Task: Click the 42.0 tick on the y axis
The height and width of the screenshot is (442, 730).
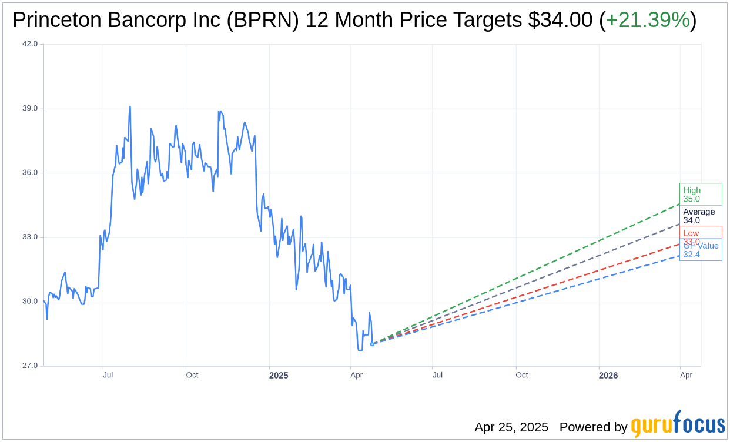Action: click(x=30, y=44)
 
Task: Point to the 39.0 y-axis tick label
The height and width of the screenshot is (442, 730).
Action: click(x=30, y=109)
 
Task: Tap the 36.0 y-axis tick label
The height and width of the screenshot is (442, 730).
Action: click(x=30, y=173)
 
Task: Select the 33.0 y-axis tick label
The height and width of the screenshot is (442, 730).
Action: click(x=30, y=237)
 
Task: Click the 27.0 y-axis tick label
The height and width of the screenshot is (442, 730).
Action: click(x=30, y=366)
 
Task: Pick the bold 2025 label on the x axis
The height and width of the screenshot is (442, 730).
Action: click(x=279, y=376)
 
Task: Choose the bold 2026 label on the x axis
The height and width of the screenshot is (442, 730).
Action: click(x=608, y=376)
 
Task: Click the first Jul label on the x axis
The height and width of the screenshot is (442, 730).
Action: click(x=108, y=375)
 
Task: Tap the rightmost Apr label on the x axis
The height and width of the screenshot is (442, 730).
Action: click(x=686, y=375)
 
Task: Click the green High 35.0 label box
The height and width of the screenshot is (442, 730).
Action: click(x=700, y=194)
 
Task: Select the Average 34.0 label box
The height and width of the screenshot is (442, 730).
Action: click(x=700, y=216)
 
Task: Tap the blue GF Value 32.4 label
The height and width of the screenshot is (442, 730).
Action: click(x=701, y=250)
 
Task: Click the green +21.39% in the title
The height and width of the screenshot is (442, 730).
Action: click(x=648, y=20)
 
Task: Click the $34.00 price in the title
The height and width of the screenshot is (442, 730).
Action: click(x=560, y=20)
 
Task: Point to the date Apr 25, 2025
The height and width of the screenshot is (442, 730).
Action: click(x=511, y=427)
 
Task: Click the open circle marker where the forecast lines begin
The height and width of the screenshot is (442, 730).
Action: click(x=371, y=344)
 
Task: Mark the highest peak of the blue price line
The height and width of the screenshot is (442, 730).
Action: click(x=130, y=107)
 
